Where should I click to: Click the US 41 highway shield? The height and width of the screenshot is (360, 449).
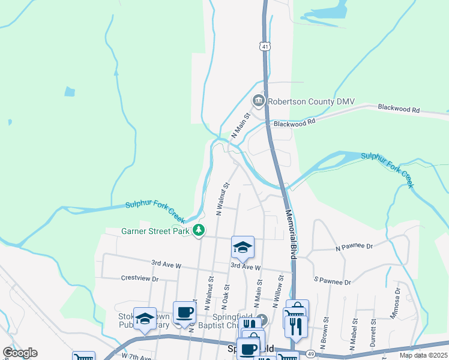[265, 46]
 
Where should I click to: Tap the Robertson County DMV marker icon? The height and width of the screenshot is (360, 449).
[259, 100]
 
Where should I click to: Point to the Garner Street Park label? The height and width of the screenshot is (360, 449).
[155, 230]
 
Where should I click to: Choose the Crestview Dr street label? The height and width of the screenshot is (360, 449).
[139, 279]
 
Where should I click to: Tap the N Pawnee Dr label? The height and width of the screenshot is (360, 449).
[354, 247]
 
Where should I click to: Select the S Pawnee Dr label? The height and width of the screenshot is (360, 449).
[332, 281]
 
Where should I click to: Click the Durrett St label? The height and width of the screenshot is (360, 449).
[373, 330]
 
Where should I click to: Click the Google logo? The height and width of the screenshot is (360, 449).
[20, 353]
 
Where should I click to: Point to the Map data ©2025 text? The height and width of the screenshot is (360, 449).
[424, 355]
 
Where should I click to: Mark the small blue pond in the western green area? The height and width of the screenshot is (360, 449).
[70, 92]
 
